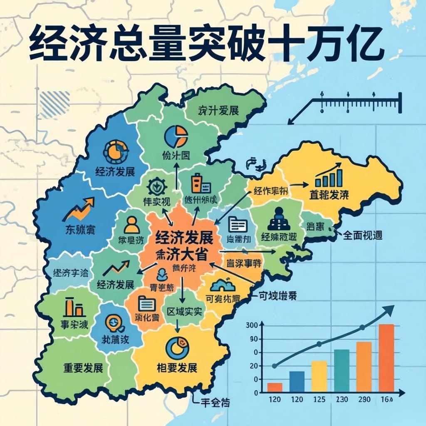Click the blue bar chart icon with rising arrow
[329, 177]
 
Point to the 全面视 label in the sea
[362, 235]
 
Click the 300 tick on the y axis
[253, 325]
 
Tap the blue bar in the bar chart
[297, 381]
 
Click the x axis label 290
[364, 400]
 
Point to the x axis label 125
[319, 400]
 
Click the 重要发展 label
[83, 368]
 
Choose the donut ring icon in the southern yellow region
[176, 346]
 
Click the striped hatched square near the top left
[49, 101]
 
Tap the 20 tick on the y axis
[253, 366]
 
